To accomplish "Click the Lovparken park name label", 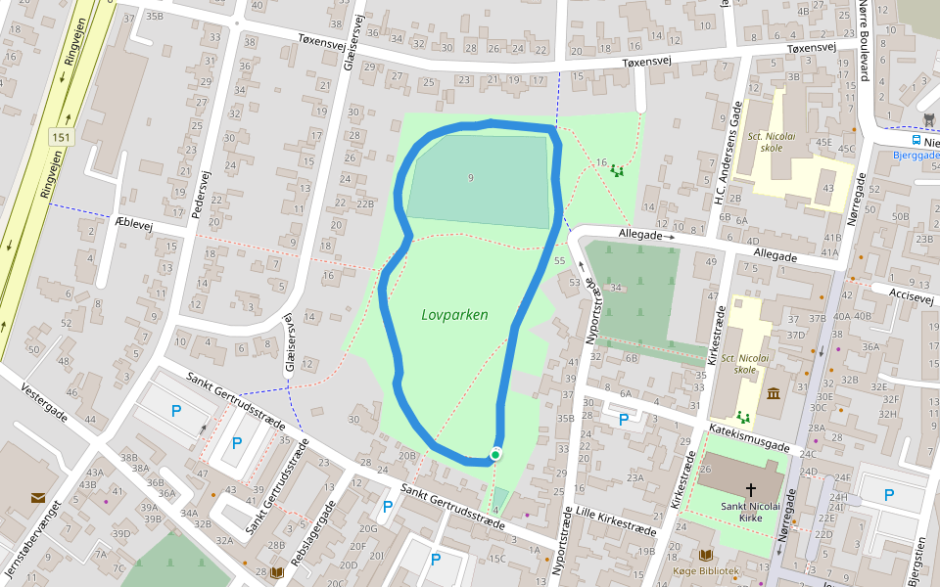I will point(454,315).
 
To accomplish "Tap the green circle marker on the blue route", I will point(495,454).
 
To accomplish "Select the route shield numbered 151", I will point(62,138).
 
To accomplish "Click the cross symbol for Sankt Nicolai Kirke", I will point(751,489).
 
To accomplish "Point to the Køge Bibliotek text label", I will point(706,570).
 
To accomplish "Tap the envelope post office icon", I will point(37,497).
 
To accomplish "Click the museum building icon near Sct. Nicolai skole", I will point(774,393).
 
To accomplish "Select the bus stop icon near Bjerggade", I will point(928,119).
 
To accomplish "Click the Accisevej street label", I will point(911,296).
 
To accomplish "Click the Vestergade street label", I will point(44,401).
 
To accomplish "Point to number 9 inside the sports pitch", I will point(471,177).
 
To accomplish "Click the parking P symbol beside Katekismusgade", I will point(624,420).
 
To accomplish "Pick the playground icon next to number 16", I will point(617,170).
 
